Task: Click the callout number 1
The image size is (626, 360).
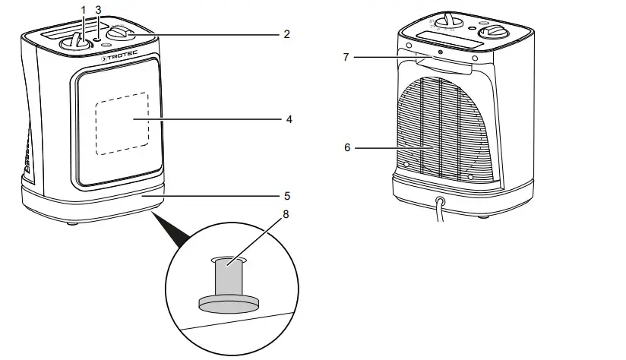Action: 83,9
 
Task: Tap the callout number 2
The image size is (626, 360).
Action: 286,34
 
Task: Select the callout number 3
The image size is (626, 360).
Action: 98,9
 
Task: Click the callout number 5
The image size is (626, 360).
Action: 286,195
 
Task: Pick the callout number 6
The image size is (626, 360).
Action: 347,147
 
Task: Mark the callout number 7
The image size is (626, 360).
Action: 346,57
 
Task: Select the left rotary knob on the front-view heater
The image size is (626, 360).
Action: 76,42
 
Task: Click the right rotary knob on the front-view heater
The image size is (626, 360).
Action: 121,33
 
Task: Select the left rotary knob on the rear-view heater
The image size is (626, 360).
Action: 451,19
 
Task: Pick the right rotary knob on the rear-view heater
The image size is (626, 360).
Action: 495,31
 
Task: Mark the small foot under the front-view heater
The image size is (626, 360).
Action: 72,223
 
